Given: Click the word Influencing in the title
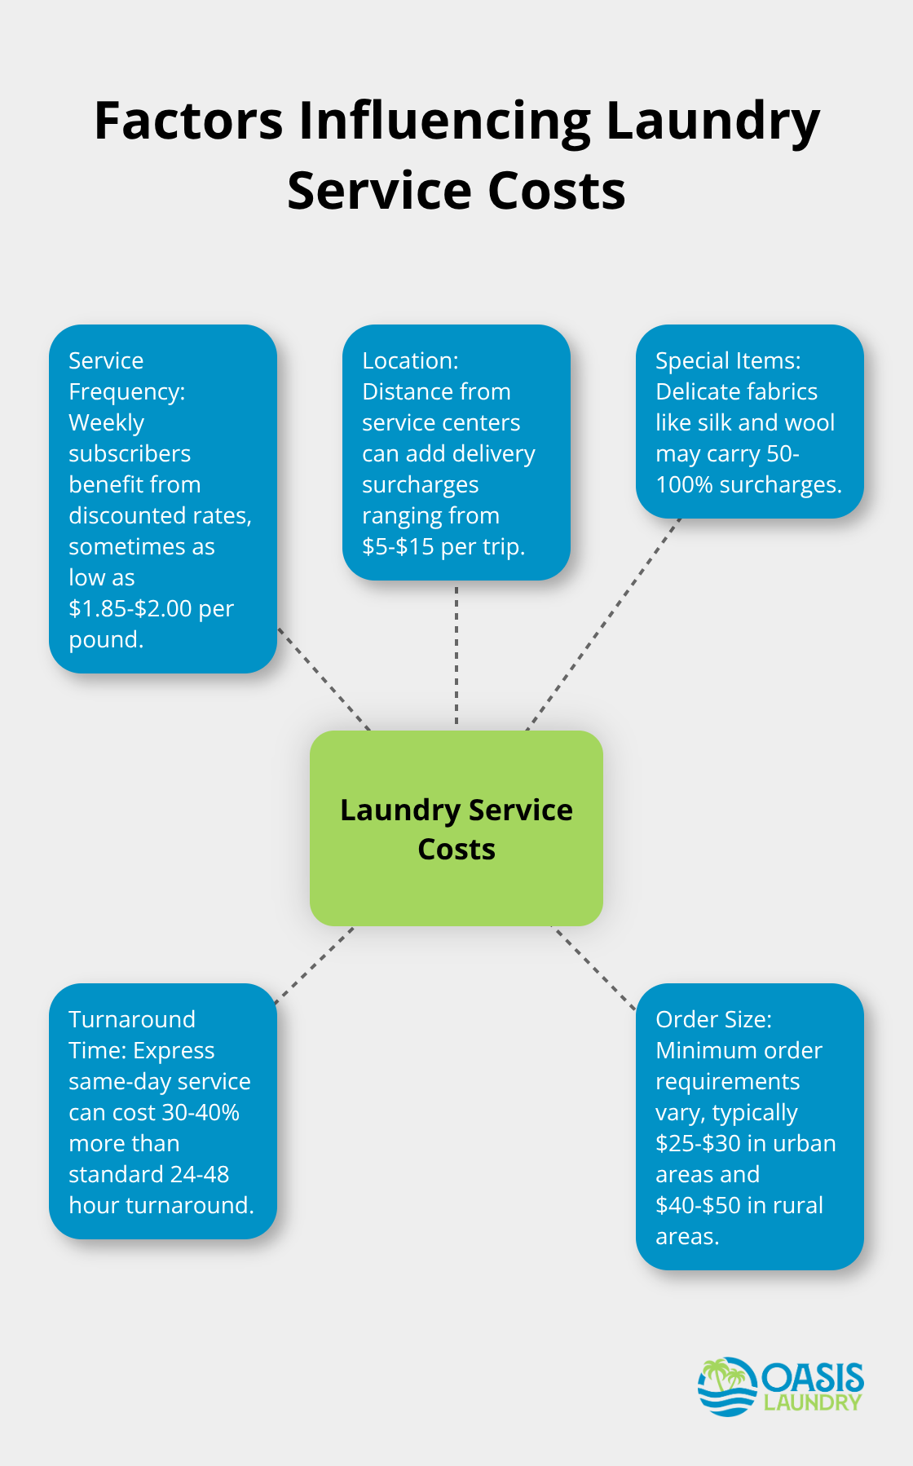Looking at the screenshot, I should click(445, 122).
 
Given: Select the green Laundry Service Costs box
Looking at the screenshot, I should click(456, 828).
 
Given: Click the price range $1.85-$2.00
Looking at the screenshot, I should click(130, 608).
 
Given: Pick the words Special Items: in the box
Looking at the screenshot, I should click(728, 360).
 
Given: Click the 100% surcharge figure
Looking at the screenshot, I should click(684, 484).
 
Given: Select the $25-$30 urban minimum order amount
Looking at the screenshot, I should click(698, 1143).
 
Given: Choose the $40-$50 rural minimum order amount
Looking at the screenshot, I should click(698, 1205).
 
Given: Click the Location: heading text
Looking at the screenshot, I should click(410, 360).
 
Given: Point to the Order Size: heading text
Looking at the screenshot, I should click(713, 1019).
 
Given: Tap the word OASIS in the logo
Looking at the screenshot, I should click(813, 1378).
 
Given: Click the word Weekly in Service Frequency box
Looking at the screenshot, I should click(106, 422).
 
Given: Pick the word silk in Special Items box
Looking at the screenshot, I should click(716, 422).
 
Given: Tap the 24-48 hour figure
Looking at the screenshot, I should click(188, 1174).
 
